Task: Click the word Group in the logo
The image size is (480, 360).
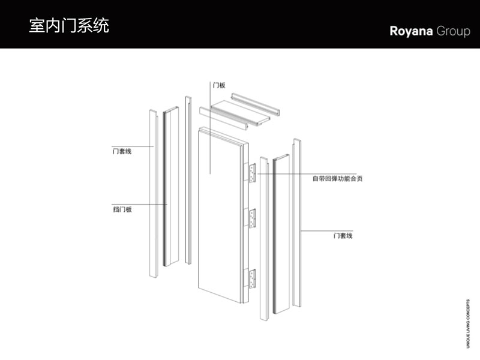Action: pos(453,32)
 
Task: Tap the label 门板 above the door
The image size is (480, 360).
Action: pos(218,85)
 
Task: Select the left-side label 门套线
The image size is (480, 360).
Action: pos(121,151)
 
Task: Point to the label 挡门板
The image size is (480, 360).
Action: pos(122,209)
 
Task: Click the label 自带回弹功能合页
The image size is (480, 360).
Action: pos(337,178)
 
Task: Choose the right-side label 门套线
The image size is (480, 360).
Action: pos(343,235)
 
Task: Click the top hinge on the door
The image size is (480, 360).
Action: pos(252,173)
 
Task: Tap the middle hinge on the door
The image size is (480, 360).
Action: pos(252,217)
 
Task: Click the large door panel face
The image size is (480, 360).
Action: pos(219,216)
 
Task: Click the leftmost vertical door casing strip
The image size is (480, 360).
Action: pos(153,192)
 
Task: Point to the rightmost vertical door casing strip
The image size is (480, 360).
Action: pos(296,222)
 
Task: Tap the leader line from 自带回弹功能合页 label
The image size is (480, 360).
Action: pos(288,174)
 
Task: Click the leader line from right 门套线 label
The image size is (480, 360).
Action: pos(315,230)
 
